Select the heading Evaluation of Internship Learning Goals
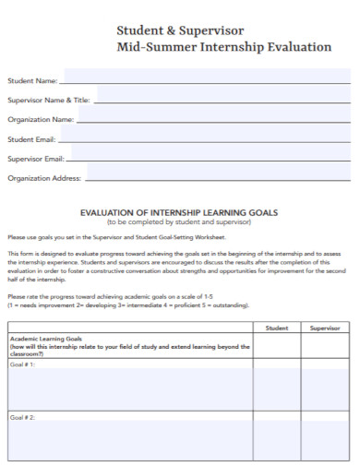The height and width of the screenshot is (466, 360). [179, 212]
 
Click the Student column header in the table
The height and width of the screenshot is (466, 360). [277, 328]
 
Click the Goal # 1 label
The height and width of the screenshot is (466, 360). [22, 364]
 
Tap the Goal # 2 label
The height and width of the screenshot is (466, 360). [22, 417]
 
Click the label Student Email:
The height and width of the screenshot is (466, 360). [32, 139]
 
